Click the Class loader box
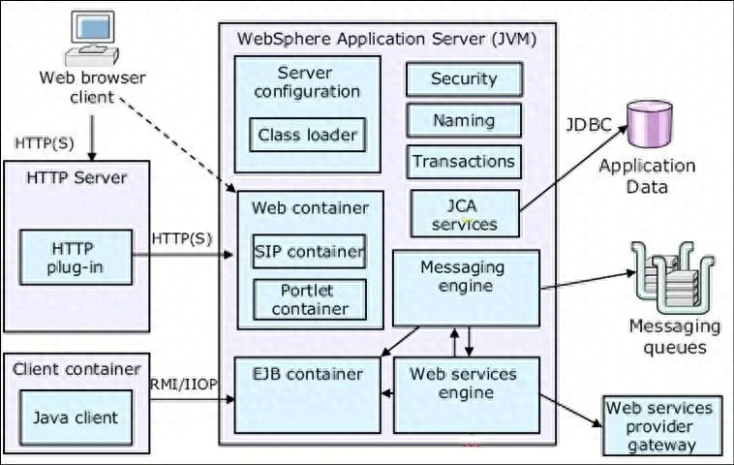pos(308,135)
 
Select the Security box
pos(464,79)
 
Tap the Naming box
pos(464,120)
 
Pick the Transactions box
pos(464,162)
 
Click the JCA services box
pos(465,213)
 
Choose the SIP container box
pos(310,252)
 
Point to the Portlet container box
pos(310,299)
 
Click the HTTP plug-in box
pos(76,257)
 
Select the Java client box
pos(76,418)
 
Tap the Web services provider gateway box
pos(662,425)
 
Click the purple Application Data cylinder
pos(650,124)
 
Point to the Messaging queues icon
pos(673,278)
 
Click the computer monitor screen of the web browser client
pos(92,28)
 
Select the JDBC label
pos(589,125)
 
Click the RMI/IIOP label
pos(184,384)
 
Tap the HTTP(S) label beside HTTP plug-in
pos(182,239)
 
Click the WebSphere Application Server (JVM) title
pos(386,39)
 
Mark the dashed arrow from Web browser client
pos(178,144)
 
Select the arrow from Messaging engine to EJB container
pos(400,341)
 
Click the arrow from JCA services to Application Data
pos(573,168)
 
